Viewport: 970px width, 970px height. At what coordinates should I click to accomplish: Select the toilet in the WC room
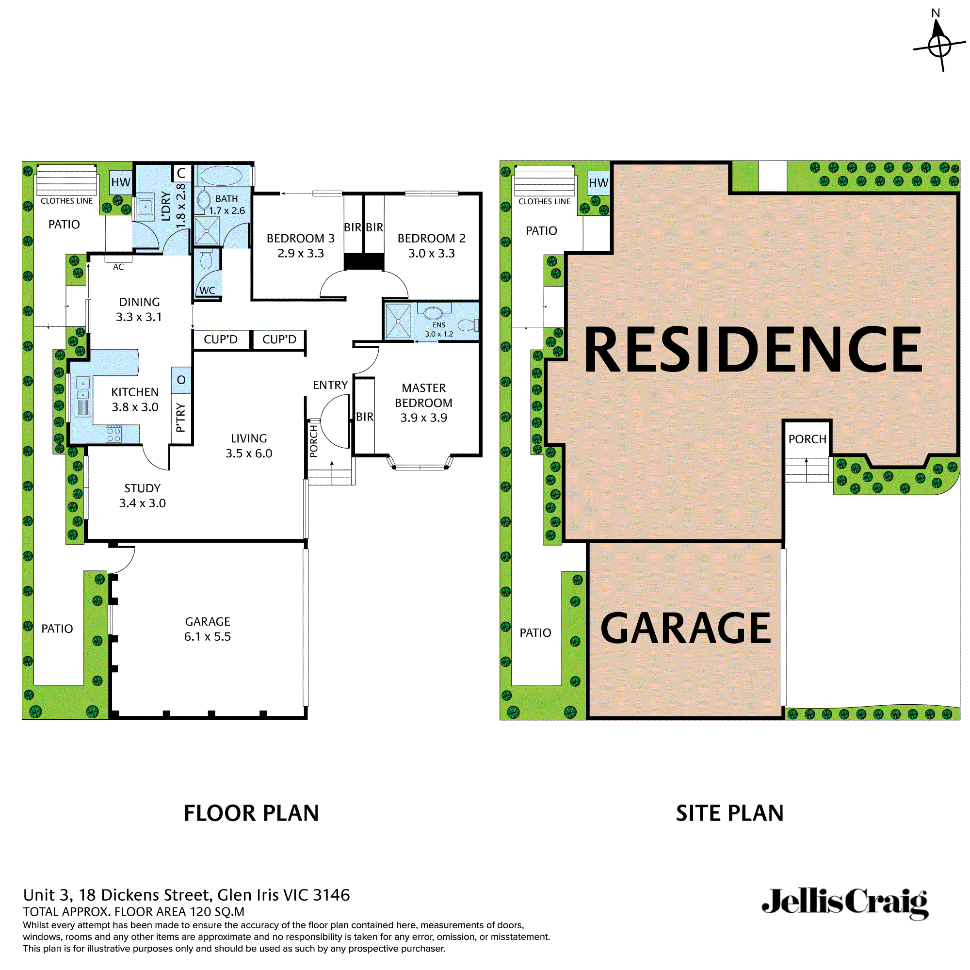206,259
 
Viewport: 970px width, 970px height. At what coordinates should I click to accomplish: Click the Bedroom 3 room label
300,239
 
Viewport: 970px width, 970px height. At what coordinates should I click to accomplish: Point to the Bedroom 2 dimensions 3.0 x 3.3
431,254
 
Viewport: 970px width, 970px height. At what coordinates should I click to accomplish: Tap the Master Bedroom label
423,395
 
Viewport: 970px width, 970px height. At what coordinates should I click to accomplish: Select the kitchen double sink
83,389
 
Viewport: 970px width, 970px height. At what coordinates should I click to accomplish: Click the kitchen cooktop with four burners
114,434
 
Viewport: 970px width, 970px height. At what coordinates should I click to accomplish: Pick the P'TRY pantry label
181,418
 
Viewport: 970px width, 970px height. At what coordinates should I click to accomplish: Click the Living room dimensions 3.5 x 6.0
248,453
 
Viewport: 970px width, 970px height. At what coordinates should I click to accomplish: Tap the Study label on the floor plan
143,488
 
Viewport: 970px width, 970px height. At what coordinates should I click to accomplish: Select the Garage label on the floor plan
208,622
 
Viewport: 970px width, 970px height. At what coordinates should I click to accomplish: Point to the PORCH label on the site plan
807,439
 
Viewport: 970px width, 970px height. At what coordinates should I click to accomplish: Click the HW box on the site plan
598,183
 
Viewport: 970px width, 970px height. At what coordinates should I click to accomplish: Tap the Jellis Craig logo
845,903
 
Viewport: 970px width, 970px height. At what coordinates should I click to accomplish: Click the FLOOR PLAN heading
251,813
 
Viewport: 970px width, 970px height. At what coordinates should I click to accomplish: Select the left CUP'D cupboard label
220,339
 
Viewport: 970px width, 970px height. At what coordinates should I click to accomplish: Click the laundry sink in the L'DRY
145,206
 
